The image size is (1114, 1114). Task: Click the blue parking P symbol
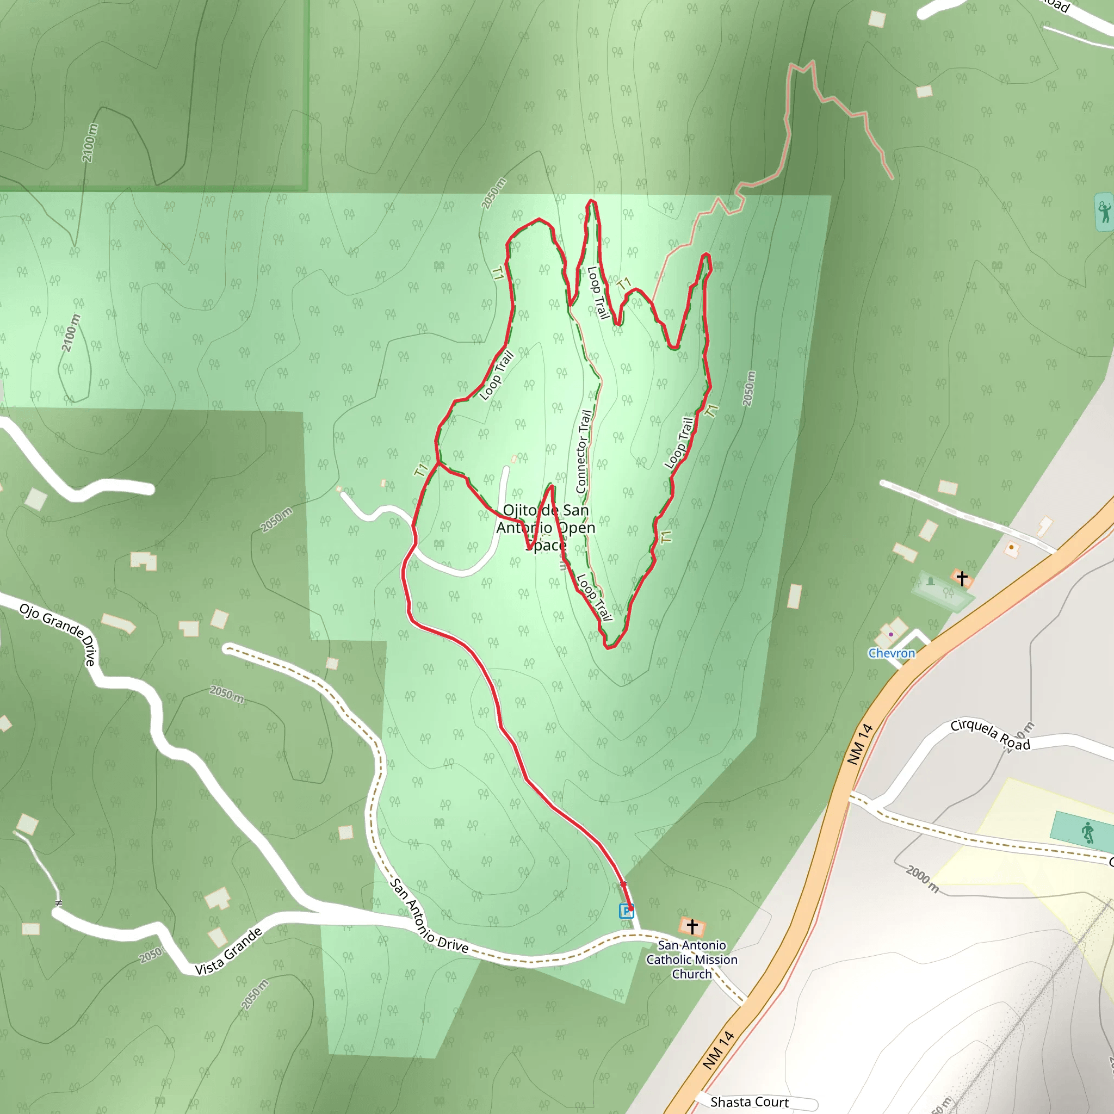pyautogui.click(x=626, y=911)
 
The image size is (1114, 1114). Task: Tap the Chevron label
pyautogui.click(x=892, y=653)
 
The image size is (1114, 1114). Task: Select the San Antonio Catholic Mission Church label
pyautogui.click(x=691, y=960)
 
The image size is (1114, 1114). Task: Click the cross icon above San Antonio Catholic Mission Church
pyautogui.click(x=692, y=926)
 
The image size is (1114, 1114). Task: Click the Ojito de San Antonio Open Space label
pyautogui.click(x=546, y=527)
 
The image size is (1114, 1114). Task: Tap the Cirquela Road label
pyautogui.click(x=990, y=734)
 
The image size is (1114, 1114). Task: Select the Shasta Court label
pyautogui.click(x=749, y=1103)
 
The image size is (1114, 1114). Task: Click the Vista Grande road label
pyautogui.click(x=228, y=951)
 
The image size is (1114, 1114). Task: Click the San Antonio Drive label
pyautogui.click(x=429, y=917)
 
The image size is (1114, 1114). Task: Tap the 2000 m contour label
pyautogui.click(x=922, y=880)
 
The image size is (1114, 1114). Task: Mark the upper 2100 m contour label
pyautogui.click(x=89, y=143)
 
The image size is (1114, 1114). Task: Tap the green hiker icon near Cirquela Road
pyautogui.click(x=1087, y=833)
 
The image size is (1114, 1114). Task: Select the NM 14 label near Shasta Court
pyautogui.click(x=719, y=1050)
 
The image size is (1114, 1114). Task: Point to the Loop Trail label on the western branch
pyautogui.click(x=497, y=375)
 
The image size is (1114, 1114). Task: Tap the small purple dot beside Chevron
pyautogui.click(x=891, y=634)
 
